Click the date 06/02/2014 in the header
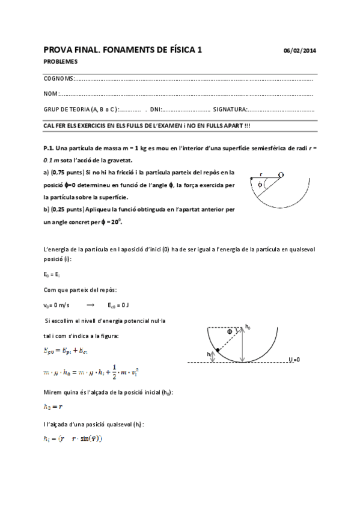click(299, 51)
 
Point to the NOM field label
click(51, 94)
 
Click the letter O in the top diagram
click(281, 174)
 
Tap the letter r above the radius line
click(261, 173)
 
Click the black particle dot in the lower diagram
click(218, 350)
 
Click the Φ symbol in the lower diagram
click(229, 331)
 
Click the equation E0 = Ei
click(52, 274)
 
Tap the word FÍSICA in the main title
click(174, 50)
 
